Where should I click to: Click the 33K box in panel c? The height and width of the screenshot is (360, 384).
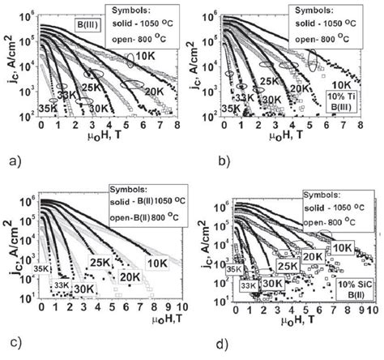62,284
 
